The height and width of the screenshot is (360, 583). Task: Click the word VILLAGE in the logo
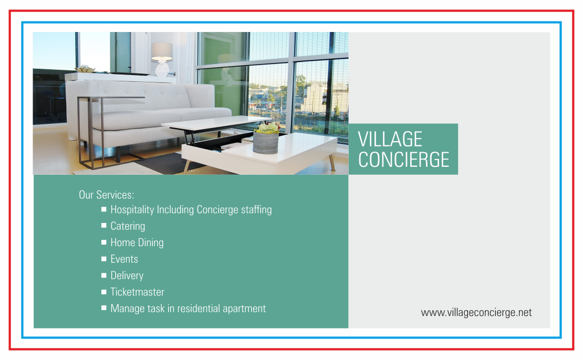(x=390, y=139)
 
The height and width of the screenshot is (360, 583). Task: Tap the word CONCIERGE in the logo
(x=404, y=160)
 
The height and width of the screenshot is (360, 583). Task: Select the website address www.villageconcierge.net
(x=476, y=312)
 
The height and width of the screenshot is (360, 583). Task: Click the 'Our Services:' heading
(x=106, y=195)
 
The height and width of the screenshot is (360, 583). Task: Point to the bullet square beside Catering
(x=104, y=226)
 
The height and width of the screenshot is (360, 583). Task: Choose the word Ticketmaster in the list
(x=137, y=292)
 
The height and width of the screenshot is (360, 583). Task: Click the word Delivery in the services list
(x=127, y=276)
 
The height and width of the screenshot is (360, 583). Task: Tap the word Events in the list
(x=124, y=259)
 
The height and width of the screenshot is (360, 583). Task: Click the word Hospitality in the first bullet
(x=132, y=210)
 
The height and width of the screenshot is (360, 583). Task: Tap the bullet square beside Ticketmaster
(x=104, y=292)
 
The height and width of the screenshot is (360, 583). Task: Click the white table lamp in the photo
(x=162, y=59)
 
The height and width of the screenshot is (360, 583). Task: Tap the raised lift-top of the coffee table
(x=216, y=123)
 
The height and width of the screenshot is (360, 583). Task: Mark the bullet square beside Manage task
(x=104, y=308)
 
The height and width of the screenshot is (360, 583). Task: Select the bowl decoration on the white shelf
(x=85, y=69)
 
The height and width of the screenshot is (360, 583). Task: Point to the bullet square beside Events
(x=104, y=259)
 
